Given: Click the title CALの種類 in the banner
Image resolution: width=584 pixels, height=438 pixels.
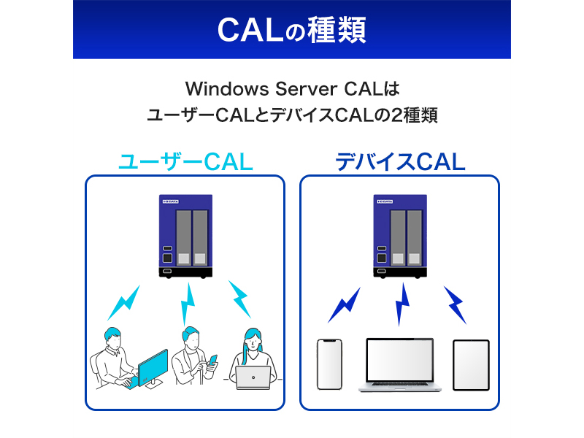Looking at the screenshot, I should pyautogui.click(x=291, y=30).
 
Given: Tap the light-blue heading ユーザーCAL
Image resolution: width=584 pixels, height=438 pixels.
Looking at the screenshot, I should pyautogui.click(x=185, y=161).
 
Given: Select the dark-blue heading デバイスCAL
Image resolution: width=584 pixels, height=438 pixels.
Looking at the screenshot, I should pyautogui.click(x=399, y=161).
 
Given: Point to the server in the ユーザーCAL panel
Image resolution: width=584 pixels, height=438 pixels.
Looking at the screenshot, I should pyautogui.click(x=185, y=235).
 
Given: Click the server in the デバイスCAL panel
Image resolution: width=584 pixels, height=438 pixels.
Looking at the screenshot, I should pyautogui.click(x=399, y=235).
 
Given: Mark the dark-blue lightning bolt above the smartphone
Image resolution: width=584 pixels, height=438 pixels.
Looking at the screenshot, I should pyautogui.click(x=344, y=305).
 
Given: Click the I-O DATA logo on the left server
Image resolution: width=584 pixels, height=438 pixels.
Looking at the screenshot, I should pyautogui.click(x=169, y=200).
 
